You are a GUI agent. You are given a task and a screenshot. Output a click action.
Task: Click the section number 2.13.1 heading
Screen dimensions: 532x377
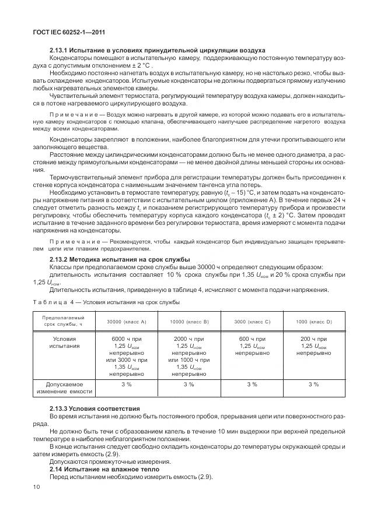pyautogui.click(x=60, y=51)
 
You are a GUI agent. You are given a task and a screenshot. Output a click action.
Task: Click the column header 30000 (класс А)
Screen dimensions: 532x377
pyautogui.click(x=126, y=322)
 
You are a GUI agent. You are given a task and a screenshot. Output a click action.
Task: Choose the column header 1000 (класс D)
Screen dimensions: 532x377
pyautogui.click(x=313, y=322)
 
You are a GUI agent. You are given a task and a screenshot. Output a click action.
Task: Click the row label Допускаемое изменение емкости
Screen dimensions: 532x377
pyautogui.click(x=64, y=388)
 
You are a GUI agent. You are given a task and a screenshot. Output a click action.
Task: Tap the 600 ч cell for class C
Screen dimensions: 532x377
pyautogui.click(x=252, y=346)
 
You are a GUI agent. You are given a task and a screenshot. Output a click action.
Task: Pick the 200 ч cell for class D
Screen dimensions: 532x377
pyautogui.click(x=313, y=346)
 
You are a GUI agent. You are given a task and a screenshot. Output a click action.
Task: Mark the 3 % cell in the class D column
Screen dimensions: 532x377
pyautogui.click(x=313, y=385)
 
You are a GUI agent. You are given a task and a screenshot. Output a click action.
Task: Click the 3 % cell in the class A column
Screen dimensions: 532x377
pyautogui.click(x=126, y=385)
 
